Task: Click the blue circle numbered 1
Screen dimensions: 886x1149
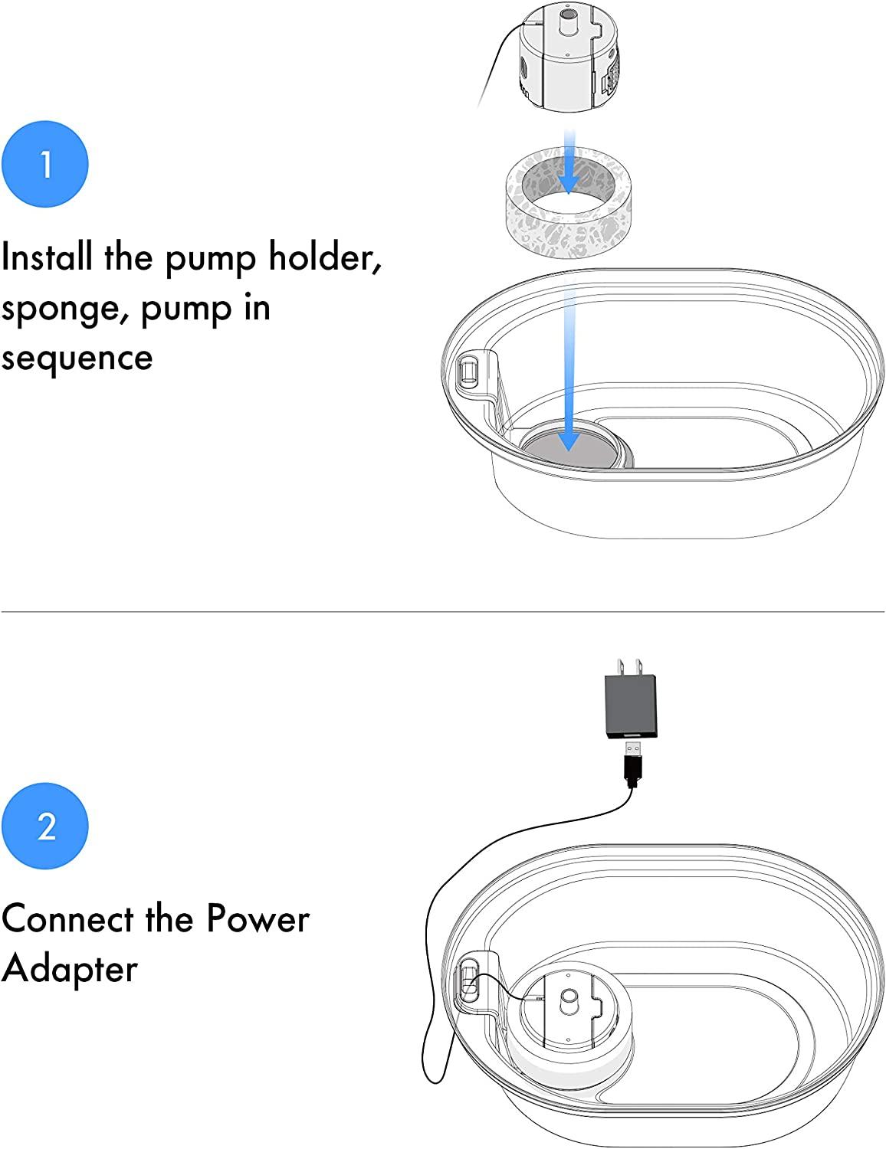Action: click(45, 164)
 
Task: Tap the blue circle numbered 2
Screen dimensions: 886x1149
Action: click(45, 826)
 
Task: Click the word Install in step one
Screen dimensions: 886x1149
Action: click(47, 257)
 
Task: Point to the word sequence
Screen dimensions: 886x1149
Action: click(77, 358)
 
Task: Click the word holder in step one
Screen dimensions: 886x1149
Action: click(325, 257)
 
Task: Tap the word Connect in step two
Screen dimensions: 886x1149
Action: click(67, 919)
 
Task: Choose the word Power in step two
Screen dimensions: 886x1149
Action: click(258, 919)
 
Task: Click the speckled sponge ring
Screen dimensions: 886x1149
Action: click(569, 202)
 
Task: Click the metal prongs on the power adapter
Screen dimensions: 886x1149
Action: click(630, 666)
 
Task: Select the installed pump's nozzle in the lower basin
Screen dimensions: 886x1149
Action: click(569, 998)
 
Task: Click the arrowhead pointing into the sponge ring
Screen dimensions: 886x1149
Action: click(569, 184)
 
